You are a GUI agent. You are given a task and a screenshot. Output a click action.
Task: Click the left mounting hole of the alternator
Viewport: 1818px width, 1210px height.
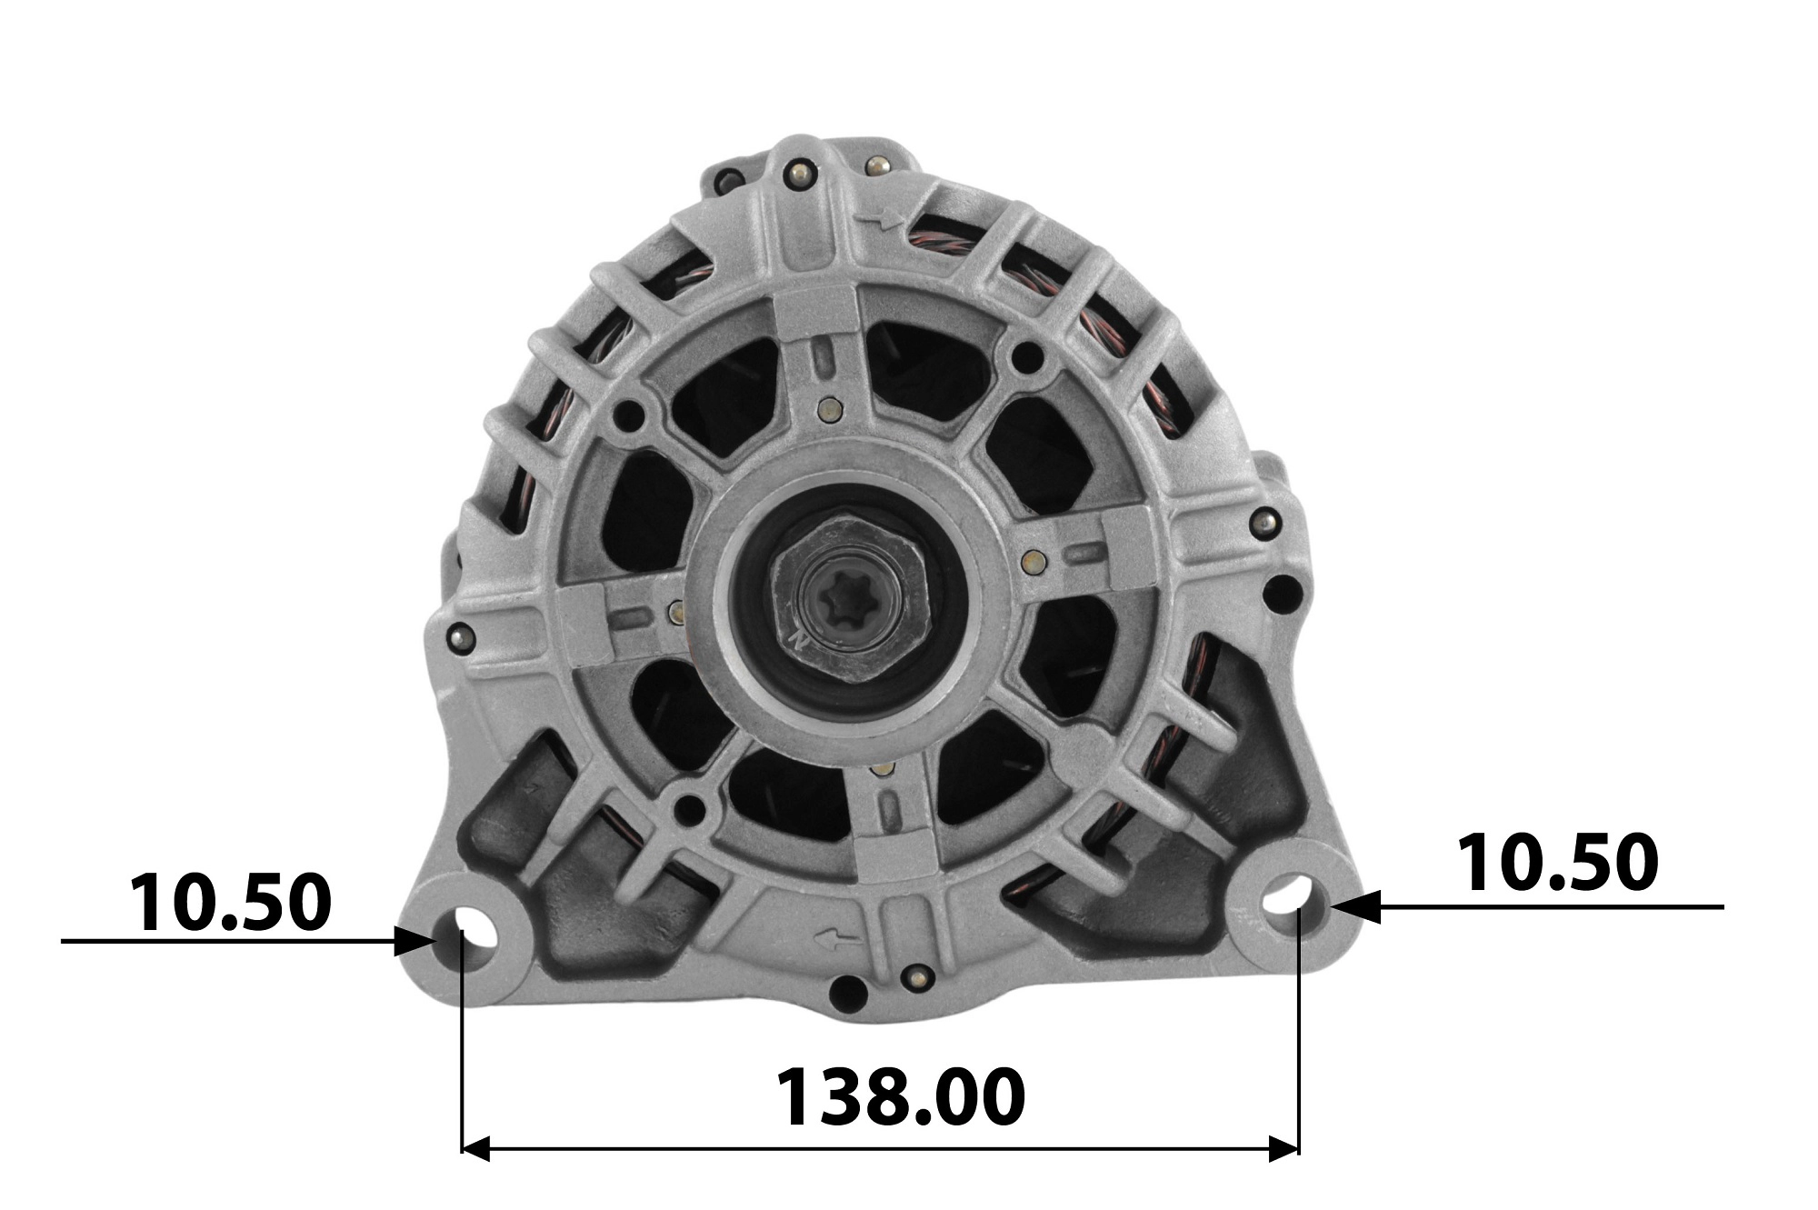tap(470, 926)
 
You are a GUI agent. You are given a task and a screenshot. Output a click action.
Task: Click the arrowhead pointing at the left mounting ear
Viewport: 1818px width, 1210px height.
tap(418, 941)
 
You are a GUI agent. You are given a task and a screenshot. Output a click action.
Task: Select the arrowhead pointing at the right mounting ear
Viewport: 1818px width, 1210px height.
tap(1354, 906)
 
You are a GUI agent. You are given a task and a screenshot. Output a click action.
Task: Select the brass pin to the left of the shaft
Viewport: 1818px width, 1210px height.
tap(674, 611)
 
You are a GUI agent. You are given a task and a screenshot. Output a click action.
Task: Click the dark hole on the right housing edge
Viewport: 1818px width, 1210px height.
tap(1279, 594)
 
